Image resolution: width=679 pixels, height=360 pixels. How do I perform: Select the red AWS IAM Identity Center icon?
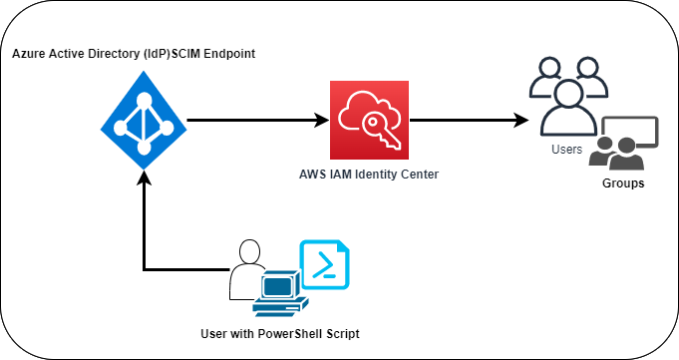370,120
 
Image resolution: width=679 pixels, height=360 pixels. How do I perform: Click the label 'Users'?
566,150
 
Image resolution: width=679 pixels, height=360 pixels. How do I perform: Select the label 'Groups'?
623,183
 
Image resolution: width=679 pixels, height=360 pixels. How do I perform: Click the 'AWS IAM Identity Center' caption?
369,175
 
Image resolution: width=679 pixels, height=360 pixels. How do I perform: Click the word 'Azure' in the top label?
29,52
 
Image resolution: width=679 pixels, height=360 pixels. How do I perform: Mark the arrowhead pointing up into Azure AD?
145,177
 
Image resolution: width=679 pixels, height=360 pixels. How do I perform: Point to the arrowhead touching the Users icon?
521,121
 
